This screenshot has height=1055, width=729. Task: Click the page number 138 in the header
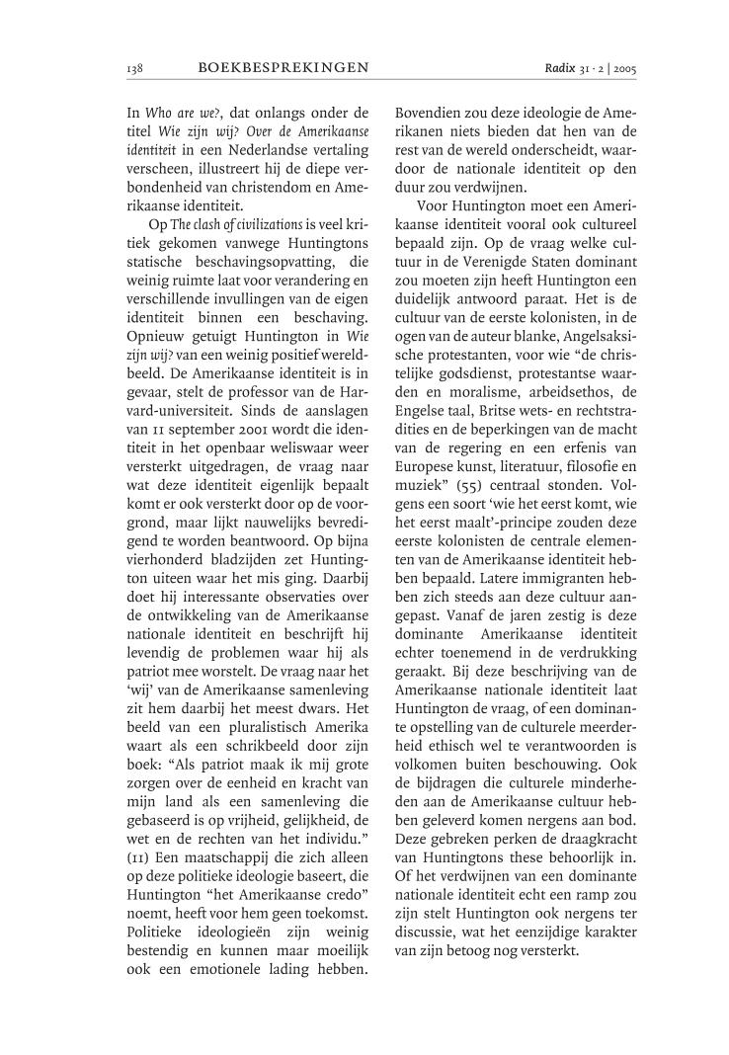click(135, 68)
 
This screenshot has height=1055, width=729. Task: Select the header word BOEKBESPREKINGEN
click(283, 68)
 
